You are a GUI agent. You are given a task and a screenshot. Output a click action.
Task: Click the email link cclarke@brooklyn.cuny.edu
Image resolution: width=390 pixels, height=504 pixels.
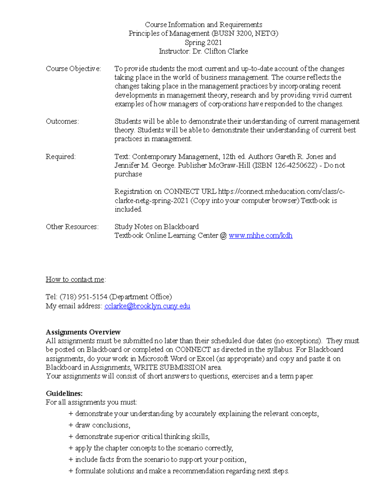tap(147, 306)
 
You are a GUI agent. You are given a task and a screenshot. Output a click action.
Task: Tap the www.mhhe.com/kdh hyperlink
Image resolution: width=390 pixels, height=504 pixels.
tap(260, 236)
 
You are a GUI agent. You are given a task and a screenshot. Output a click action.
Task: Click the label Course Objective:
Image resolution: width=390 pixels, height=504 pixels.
tap(73, 69)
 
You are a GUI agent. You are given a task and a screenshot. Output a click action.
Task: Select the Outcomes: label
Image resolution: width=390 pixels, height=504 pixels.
tap(62, 121)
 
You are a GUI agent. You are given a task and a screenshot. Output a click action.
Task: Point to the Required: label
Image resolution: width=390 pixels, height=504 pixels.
tap(60, 157)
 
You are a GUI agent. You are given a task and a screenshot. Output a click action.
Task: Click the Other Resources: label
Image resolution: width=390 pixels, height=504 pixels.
tap(72, 227)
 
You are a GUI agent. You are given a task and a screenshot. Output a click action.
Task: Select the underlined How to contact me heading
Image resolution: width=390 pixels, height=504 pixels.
tap(75, 279)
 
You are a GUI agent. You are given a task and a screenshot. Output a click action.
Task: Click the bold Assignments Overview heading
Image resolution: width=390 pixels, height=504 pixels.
tap(83, 332)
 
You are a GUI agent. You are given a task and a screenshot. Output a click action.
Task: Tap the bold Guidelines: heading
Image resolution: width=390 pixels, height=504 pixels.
tap(64, 394)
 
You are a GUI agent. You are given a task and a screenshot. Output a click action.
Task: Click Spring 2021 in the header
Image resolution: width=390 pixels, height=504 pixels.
tap(203, 43)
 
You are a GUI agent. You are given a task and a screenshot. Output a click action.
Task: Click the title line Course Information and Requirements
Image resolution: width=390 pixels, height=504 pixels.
tap(203, 25)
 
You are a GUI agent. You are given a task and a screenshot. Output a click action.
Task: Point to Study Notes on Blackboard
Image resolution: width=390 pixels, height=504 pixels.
tap(156, 227)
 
